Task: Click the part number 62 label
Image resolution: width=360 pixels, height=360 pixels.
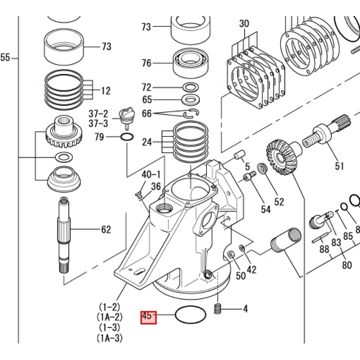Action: click(106, 229)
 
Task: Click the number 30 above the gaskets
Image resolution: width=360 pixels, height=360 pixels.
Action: click(244, 24)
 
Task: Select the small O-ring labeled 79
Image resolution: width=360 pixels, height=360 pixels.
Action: click(127, 137)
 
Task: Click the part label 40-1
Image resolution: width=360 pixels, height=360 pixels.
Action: click(151, 175)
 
